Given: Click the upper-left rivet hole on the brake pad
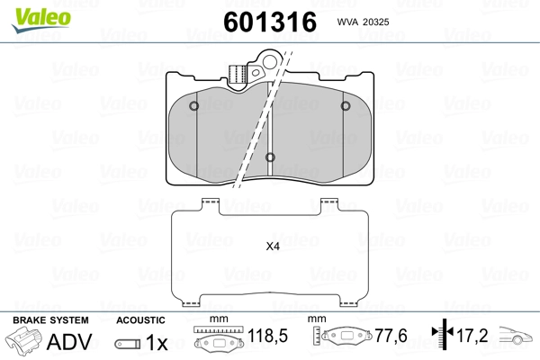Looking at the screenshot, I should point(195,106).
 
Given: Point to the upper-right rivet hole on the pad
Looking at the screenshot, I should point(346,106).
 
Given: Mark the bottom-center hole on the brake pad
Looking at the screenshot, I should point(271,158).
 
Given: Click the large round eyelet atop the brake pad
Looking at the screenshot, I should point(266,63).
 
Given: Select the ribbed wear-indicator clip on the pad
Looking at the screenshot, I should point(238,76).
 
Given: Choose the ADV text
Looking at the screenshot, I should point(64,342).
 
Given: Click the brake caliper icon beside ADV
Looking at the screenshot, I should point(22,342).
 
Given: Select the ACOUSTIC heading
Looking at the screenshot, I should point(140,320).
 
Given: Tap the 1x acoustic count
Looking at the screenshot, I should point(157,343).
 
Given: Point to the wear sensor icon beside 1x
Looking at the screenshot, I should point(127,344).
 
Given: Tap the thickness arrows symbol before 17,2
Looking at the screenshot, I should point(440,336).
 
